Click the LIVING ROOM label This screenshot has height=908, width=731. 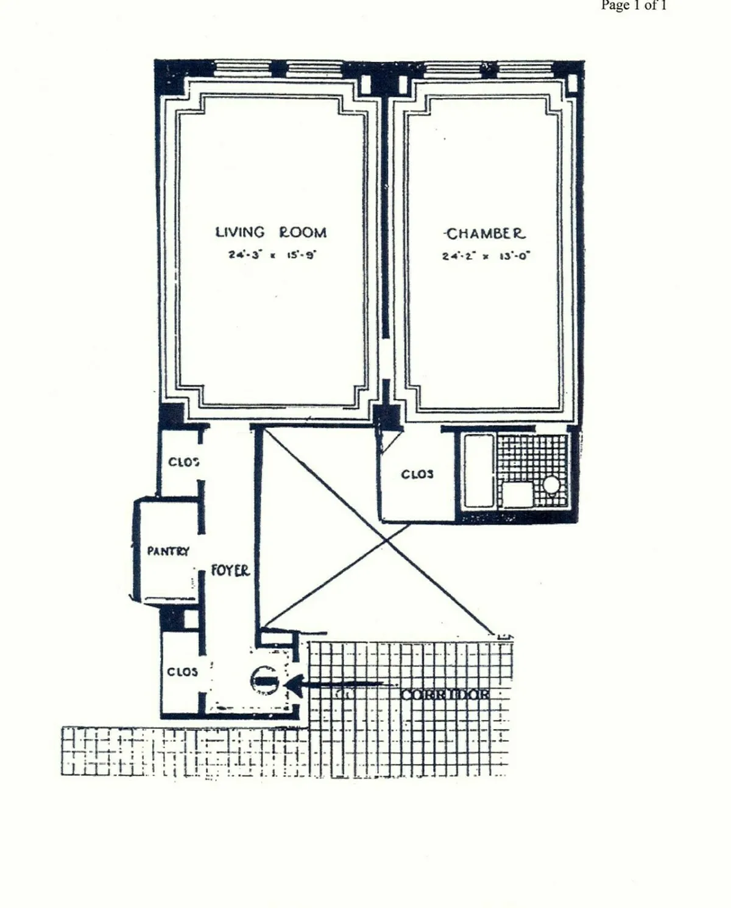[271, 232]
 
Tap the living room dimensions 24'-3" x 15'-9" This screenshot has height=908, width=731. [271, 255]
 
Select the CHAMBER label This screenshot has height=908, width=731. [485, 234]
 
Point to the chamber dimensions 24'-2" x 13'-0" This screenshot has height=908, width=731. [486, 256]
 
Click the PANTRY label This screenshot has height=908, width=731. [168, 551]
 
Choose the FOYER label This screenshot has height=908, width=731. [230, 571]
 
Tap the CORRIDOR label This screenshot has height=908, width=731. [445, 694]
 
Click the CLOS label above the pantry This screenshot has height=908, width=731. [183, 462]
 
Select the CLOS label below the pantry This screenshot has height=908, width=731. [182, 672]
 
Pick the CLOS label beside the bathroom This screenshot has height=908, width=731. [417, 474]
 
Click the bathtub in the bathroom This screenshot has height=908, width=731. [478, 470]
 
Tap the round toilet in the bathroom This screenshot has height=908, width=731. [551, 484]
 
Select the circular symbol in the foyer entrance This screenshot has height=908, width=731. [264, 680]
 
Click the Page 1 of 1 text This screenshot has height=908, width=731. [634, 5]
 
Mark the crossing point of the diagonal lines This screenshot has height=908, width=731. [385, 539]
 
